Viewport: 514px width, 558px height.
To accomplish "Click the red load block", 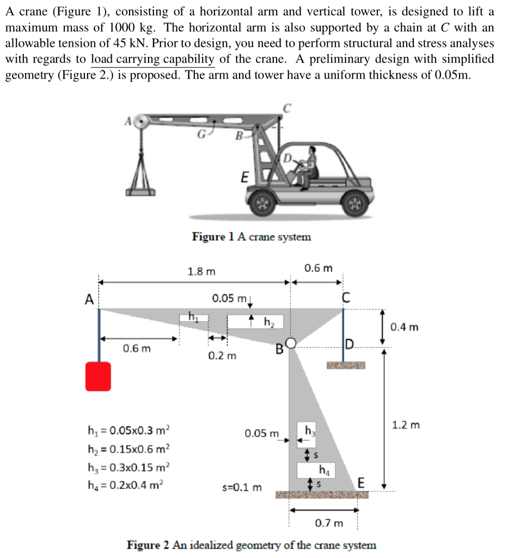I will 98,377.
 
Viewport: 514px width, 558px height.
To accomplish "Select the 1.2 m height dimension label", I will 406,424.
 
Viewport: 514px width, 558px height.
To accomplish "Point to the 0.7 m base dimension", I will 330,524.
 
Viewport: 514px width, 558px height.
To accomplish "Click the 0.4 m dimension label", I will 405,327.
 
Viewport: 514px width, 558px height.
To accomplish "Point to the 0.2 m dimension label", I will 223,356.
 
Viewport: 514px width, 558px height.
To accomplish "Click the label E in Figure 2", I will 361,482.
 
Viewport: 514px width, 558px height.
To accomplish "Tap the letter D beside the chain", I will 349,343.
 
